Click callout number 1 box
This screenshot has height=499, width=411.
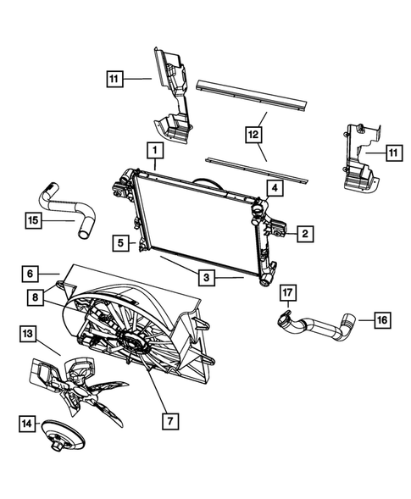pos(154,151)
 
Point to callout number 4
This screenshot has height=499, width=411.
pos(275,188)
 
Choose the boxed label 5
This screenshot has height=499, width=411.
pos(123,243)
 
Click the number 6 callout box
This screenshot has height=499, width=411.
pos(30,274)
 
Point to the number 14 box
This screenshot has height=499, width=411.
pos(30,421)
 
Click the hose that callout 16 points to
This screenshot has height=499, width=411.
pos(326,329)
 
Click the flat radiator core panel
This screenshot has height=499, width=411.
pos(199,225)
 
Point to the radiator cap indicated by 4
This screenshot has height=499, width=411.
pos(258,204)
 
